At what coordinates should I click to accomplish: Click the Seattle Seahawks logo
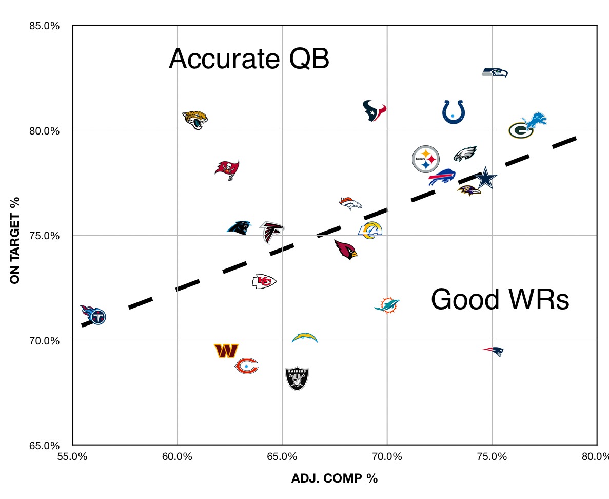[495, 72]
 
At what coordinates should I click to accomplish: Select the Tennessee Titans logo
[93, 315]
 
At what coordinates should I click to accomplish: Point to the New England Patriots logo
[494, 351]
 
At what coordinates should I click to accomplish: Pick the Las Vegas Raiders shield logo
[298, 378]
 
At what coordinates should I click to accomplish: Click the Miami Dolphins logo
[386, 304]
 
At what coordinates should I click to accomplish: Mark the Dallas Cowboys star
[485, 178]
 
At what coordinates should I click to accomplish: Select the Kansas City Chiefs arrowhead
[264, 281]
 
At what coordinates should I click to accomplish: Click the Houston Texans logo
[374, 110]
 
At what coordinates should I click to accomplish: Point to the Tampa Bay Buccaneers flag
[227, 169]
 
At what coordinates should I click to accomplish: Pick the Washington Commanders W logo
[226, 351]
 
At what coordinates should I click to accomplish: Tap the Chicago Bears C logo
[246, 366]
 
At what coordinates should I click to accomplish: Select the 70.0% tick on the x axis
[386, 456]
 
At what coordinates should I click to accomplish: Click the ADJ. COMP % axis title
[334, 478]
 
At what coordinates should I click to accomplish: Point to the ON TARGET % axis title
[15, 240]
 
